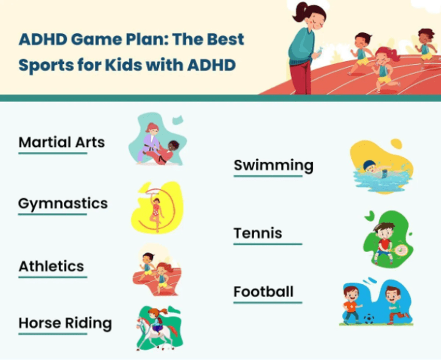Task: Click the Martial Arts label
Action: (61, 142)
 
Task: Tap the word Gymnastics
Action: (63, 203)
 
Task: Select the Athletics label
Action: (51, 266)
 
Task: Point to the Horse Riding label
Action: (65, 323)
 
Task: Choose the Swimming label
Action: (273, 165)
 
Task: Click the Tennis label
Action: (258, 233)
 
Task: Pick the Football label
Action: (263, 292)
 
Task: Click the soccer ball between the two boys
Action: (369, 319)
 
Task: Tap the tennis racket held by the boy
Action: (400, 250)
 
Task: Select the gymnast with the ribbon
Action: (156, 213)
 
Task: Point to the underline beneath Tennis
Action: (267, 244)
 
